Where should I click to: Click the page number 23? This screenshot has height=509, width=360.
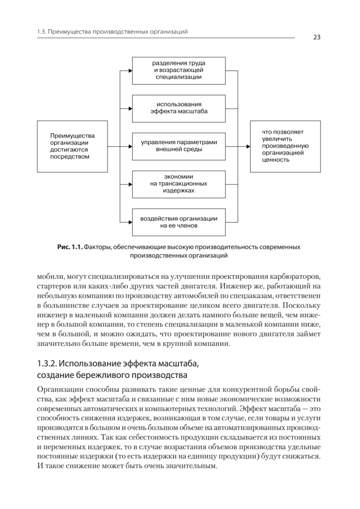(317, 37)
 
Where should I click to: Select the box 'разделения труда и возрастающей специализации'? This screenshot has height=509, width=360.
(179, 70)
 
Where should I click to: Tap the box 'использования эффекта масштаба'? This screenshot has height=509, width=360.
(179, 108)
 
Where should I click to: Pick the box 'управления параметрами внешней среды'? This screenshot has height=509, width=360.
(179, 146)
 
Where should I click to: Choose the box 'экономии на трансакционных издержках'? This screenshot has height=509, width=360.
(179, 185)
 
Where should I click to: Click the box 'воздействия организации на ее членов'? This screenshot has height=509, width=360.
(179, 222)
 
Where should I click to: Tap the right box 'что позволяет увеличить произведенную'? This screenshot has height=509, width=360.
(285, 146)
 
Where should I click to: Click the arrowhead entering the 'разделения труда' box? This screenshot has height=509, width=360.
(130, 70)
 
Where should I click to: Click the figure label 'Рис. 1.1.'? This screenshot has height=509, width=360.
(70, 247)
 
